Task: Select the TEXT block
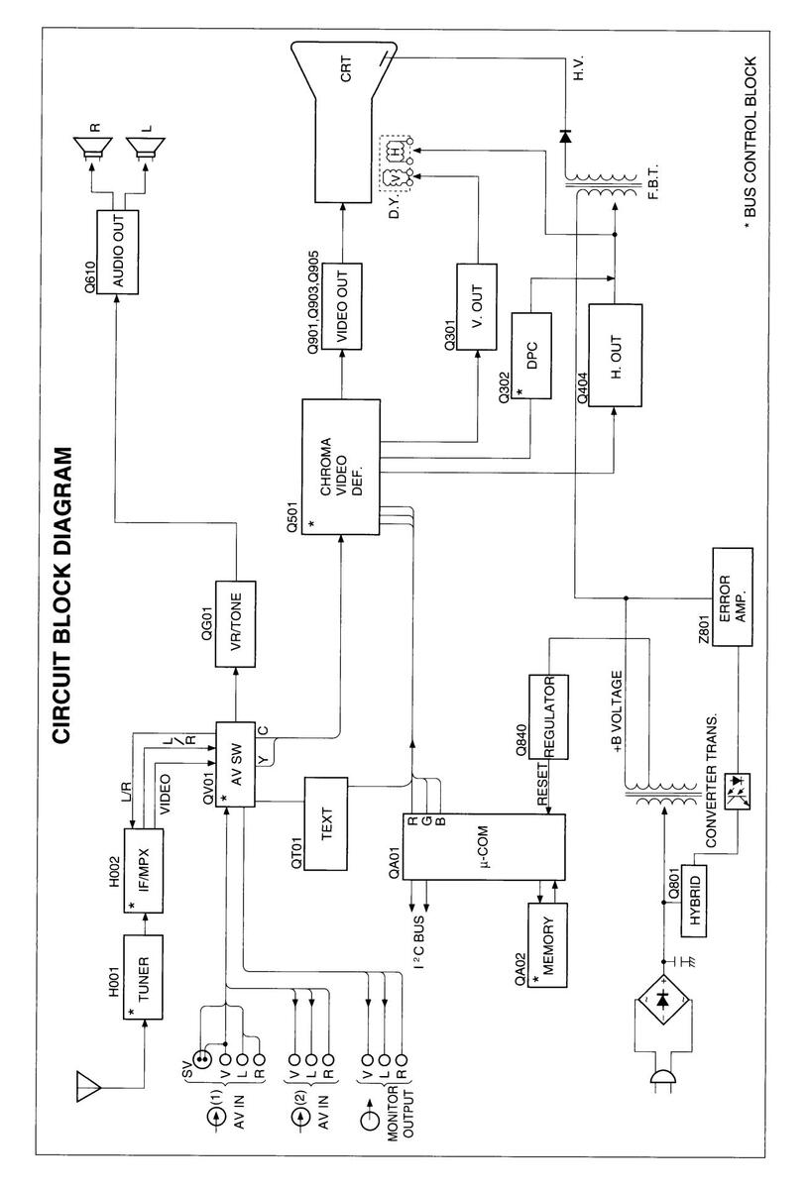pos(327,822)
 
